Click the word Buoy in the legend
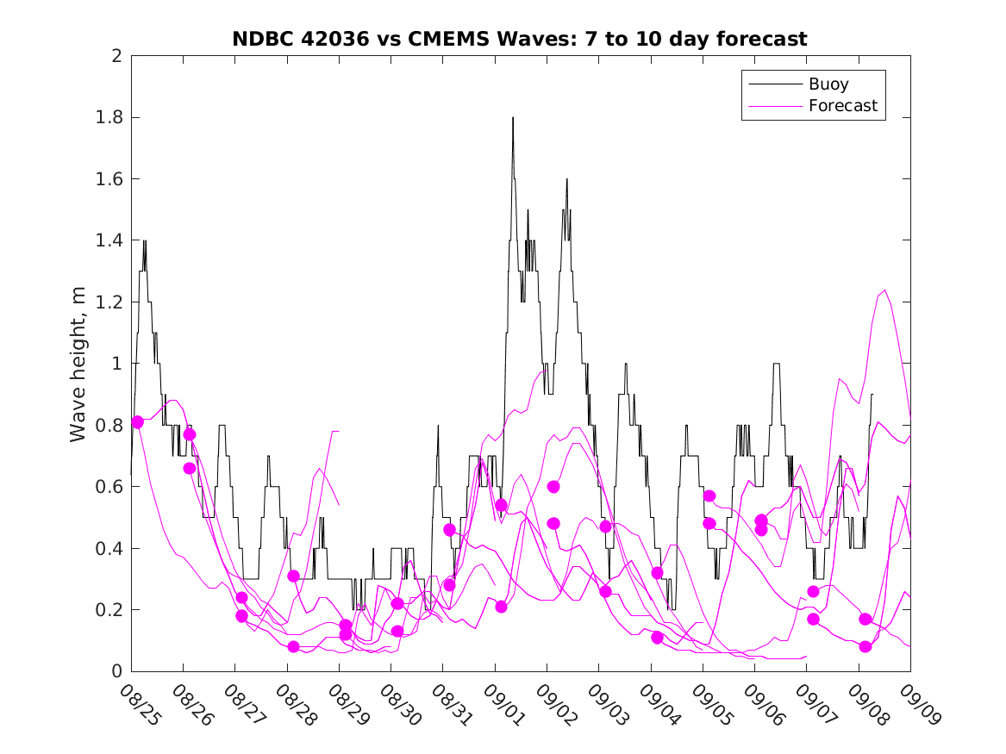click(x=828, y=84)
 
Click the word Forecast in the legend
click(x=842, y=106)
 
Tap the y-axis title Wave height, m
click(x=78, y=364)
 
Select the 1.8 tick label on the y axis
click(x=109, y=117)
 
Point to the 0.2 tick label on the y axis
click(x=109, y=610)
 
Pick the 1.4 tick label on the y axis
click(x=109, y=240)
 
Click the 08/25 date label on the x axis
click(x=139, y=705)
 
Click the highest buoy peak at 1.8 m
click(x=513, y=118)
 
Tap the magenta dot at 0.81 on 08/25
click(x=137, y=422)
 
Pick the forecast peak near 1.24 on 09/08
click(x=885, y=290)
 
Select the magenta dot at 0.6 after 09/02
click(x=553, y=487)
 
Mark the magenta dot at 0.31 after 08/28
click(x=293, y=576)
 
